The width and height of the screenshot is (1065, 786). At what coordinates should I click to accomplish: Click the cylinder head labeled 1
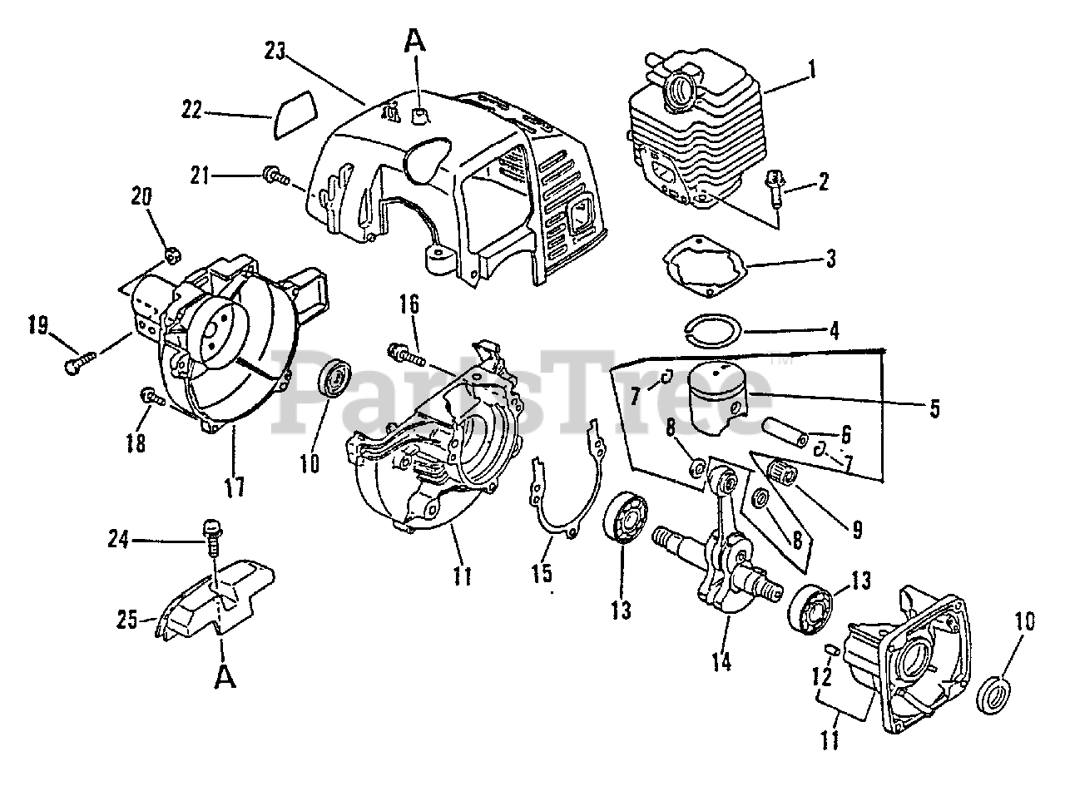point(699,133)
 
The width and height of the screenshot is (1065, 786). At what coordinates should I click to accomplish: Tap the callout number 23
point(275,52)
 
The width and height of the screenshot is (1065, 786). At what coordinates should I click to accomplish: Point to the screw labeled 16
point(407,356)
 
